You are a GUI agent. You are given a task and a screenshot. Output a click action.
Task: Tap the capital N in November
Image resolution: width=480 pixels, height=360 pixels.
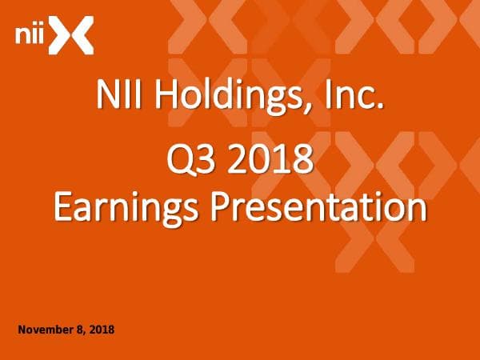click(x=21, y=330)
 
